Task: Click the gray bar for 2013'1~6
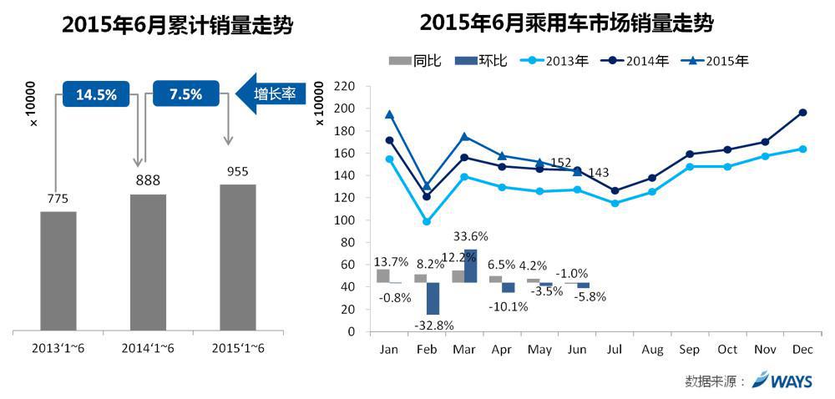58,271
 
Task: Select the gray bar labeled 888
148,263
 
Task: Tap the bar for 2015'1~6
238,258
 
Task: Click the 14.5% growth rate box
96,93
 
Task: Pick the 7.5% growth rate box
185,93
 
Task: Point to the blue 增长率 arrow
272,93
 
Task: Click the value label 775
58,198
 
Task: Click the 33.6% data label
470,236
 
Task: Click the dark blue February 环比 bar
433,298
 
